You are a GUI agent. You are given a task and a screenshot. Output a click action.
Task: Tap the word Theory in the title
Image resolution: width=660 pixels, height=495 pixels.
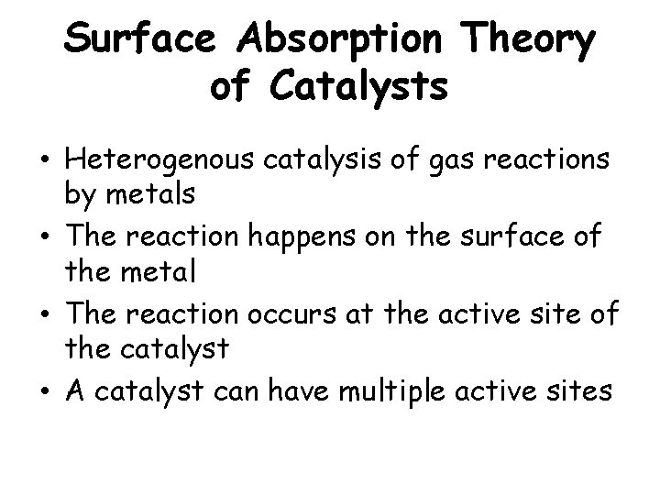(529, 40)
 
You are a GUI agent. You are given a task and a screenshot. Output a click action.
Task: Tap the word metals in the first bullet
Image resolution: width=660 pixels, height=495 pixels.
(142, 194)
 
